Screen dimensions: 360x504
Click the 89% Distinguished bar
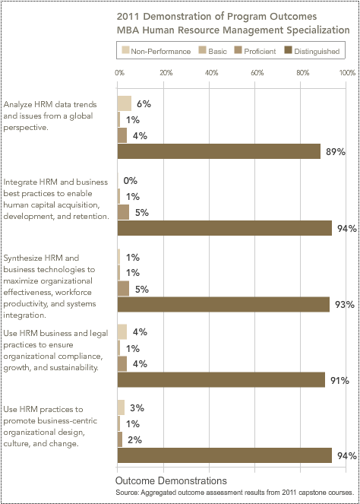(x=219, y=151)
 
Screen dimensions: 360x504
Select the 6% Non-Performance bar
(x=125, y=103)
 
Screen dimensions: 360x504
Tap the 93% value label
(x=345, y=304)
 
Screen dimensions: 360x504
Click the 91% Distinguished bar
(x=221, y=379)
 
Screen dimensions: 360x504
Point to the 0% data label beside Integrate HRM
(x=131, y=181)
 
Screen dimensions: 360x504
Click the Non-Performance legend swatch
(x=125, y=50)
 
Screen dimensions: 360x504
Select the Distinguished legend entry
(x=312, y=51)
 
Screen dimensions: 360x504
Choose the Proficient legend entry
(x=255, y=51)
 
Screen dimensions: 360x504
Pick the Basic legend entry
(x=213, y=51)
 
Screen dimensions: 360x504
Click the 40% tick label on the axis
(x=211, y=73)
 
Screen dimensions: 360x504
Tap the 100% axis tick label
(x=347, y=73)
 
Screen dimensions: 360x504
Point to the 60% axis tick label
(x=257, y=73)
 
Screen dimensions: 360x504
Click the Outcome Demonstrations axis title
(x=171, y=480)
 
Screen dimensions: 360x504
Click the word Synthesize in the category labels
(x=23, y=258)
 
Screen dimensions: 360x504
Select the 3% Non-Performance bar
(x=121, y=407)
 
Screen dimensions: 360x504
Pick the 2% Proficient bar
(x=120, y=439)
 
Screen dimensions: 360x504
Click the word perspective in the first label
(x=26, y=128)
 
